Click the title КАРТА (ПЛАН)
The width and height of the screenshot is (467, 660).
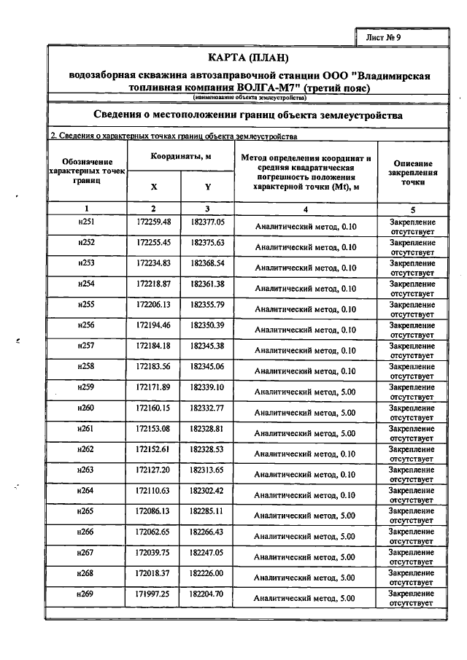pyautogui.click(x=249, y=57)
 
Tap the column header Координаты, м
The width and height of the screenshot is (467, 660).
pyautogui.click(x=181, y=156)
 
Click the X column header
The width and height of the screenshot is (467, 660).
pyautogui.click(x=154, y=186)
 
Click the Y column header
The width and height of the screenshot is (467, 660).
pyautogui.click(x=208, y=186)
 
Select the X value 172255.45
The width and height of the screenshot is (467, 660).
pyautogui.click(x=154, y=241)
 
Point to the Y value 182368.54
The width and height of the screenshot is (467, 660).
pyautogui.click(x=208, y=262)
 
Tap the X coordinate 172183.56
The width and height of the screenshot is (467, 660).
pyautogui.click(x=154, y=365)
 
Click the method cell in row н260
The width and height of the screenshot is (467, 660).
pyautogui.click(x=306, y=413)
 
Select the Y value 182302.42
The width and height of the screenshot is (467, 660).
pyautogui.click(x=208, y=490)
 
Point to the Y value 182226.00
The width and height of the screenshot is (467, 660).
pyautogui.click(x=208, y=574)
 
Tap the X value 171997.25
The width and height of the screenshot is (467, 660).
pyautogui.click(x=154, y=595)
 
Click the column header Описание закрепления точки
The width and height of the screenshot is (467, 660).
pyautogui.click(x=412, y=174)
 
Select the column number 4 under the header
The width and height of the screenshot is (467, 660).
pyautogui.click(x=306, y=209)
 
